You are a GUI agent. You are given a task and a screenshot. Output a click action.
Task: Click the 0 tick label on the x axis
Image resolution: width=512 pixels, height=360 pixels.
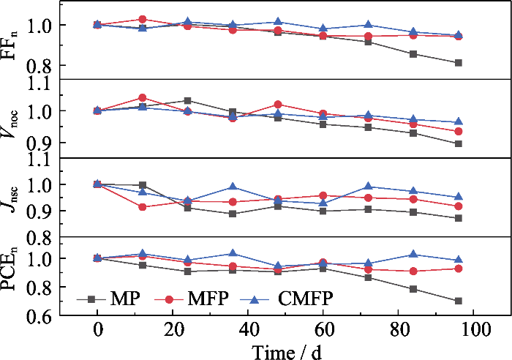[98, 329]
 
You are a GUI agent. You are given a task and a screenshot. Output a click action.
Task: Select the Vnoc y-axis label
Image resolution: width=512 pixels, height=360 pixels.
[14, 118]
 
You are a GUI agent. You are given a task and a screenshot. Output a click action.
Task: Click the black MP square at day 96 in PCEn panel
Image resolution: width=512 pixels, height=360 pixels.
[459, 301]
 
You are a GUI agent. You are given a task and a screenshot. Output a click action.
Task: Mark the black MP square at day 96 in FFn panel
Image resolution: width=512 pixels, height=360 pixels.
[459, 63]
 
